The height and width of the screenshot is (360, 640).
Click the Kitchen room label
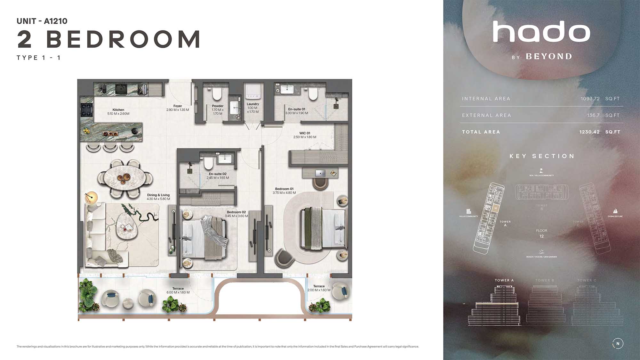click(x=118, y=110)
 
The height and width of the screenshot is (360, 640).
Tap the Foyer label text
click(x=178, y=106)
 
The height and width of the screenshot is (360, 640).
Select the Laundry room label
click(x=253, y=104)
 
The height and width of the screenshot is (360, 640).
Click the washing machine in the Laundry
click(x=253, y=92)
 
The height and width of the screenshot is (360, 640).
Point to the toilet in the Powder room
click(x=217, y=94)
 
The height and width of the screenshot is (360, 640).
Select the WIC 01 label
click(x=305, y=133)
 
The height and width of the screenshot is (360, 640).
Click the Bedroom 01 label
click(x=284, y=189)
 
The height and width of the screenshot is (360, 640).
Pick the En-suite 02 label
click(x=218, y=174)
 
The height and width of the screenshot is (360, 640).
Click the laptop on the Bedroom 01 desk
click(x=320, y=173)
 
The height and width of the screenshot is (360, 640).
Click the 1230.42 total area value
click(x=589, y=132)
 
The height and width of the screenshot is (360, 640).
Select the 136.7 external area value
click(x=593, y=115)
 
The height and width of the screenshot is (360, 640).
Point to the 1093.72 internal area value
click(x=590, y=99)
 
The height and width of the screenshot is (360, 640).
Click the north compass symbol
click(x=618, y=343)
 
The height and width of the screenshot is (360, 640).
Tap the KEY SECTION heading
click(x=542, y=156)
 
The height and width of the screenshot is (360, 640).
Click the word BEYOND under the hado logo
click(x=549, y=57)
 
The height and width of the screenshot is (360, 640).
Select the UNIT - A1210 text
click(x=42, y=21)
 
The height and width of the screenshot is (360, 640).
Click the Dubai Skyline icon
click(x=615, y=211)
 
